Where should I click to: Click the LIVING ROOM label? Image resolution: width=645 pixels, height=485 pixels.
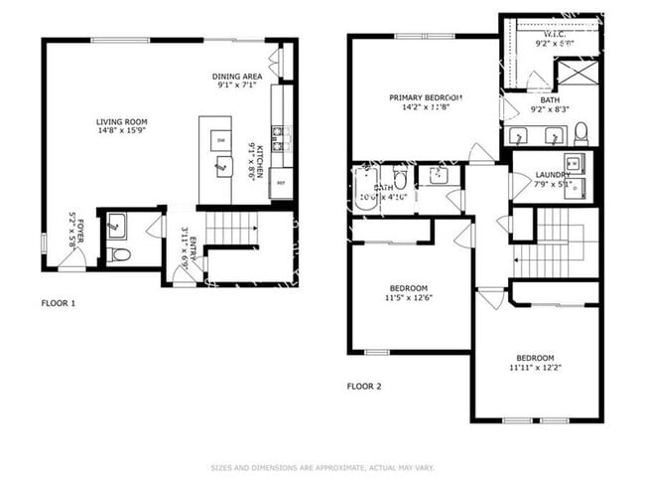point(122,122)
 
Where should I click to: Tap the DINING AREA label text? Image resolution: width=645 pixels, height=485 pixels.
point(236,77)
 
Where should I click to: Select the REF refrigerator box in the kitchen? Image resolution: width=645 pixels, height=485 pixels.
point(281,184)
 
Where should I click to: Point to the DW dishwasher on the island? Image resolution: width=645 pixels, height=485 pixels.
point(220,142)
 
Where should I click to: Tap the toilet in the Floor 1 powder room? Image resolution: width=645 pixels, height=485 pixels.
point(119,255)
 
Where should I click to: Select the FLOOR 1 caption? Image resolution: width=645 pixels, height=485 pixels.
point(58,303)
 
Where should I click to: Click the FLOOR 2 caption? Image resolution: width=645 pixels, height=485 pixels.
point(363,386)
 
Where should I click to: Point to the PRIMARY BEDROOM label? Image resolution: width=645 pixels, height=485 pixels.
point(426,97)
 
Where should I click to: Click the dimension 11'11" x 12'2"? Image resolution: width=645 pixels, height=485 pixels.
point(534,369)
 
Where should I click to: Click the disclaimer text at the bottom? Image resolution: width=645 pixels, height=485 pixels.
point(322,466)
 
